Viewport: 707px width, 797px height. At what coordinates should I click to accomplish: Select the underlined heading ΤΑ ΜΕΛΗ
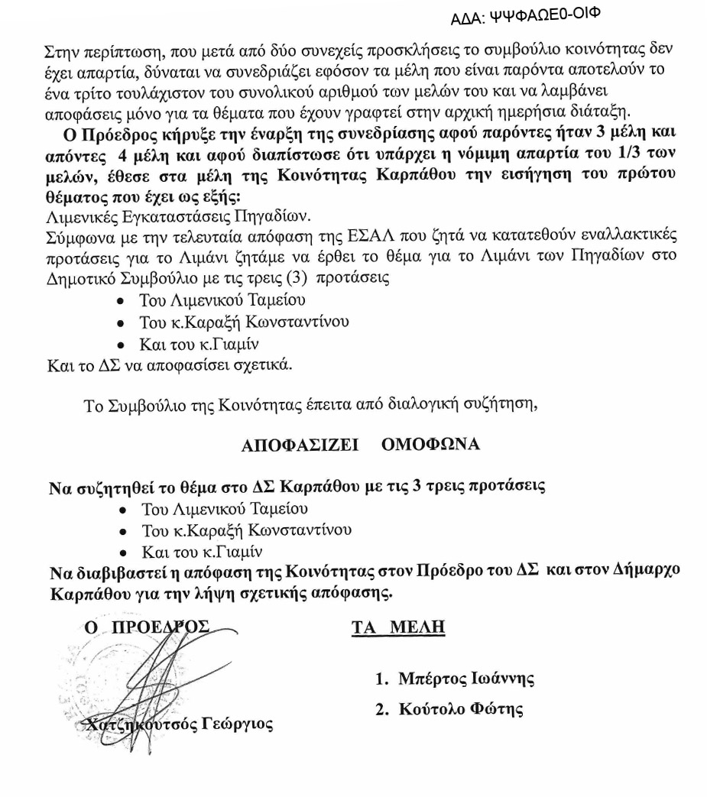click(398, 628)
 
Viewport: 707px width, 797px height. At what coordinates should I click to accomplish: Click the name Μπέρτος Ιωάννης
click(465, 678)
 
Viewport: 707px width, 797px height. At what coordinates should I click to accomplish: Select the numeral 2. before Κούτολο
click(382, 709)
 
